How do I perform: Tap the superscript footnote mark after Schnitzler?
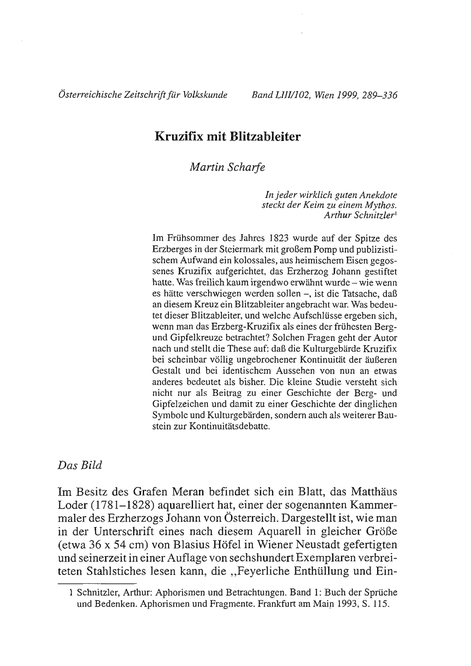[396, 214]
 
